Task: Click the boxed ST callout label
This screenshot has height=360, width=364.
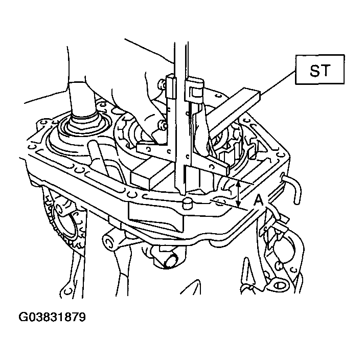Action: [x=320, y=70]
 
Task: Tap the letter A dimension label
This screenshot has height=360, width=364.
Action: [x=258, y=200]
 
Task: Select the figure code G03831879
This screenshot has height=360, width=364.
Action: [x=52, y=317]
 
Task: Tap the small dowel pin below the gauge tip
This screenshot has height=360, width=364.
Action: [x=188, y=203]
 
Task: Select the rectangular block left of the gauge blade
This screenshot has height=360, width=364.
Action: [x=151, y=172]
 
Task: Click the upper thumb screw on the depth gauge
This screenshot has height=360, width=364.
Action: [x=162, y=84]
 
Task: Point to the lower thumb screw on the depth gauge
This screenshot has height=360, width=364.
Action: [x=163, y=125]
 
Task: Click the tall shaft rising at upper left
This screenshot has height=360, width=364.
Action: [x=82, y=100]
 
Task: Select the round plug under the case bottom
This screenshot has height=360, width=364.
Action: [x=171, y=261]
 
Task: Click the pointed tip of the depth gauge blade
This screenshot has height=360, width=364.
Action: [x=182, y=194]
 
